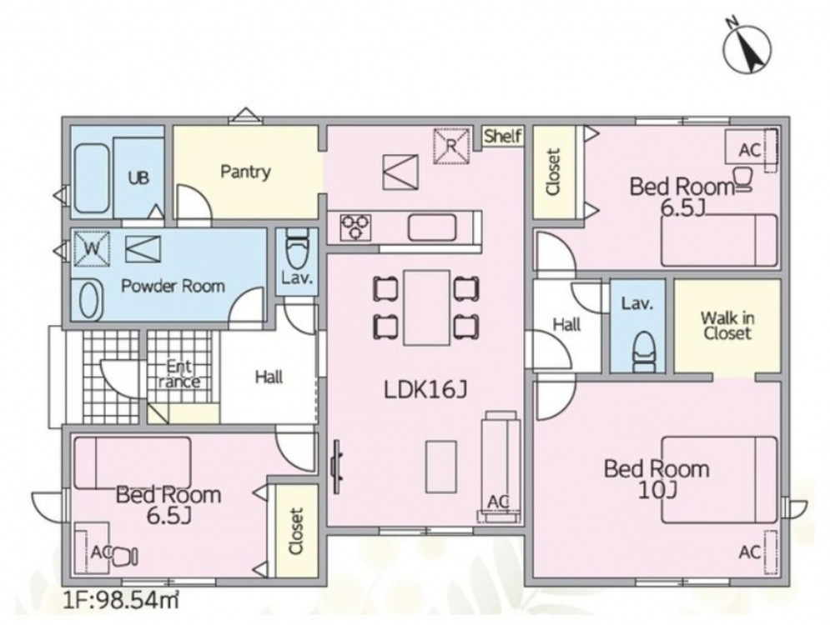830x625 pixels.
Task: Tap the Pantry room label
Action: coord(245,172)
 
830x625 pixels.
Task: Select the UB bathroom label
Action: coord(138,177)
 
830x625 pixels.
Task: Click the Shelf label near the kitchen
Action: coord(503,136)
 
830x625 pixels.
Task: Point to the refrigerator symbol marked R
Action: coord(451,145)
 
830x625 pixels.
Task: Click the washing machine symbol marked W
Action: coord(92,248)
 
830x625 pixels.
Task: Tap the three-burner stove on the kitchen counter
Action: coord(355,227)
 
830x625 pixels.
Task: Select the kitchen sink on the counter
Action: coord(431,227)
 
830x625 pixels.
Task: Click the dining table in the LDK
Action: coord(426,307)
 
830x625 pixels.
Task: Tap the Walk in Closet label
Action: coord(727,325)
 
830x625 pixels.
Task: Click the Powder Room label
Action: coord(174,286)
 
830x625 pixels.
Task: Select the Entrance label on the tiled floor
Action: coord(179,373)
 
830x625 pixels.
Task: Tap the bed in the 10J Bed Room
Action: coord(719,480)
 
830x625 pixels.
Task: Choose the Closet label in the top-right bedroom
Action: coord(553,172)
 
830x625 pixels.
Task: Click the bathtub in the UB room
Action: coord(92,178)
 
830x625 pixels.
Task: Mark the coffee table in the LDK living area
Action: coord(441,467)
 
